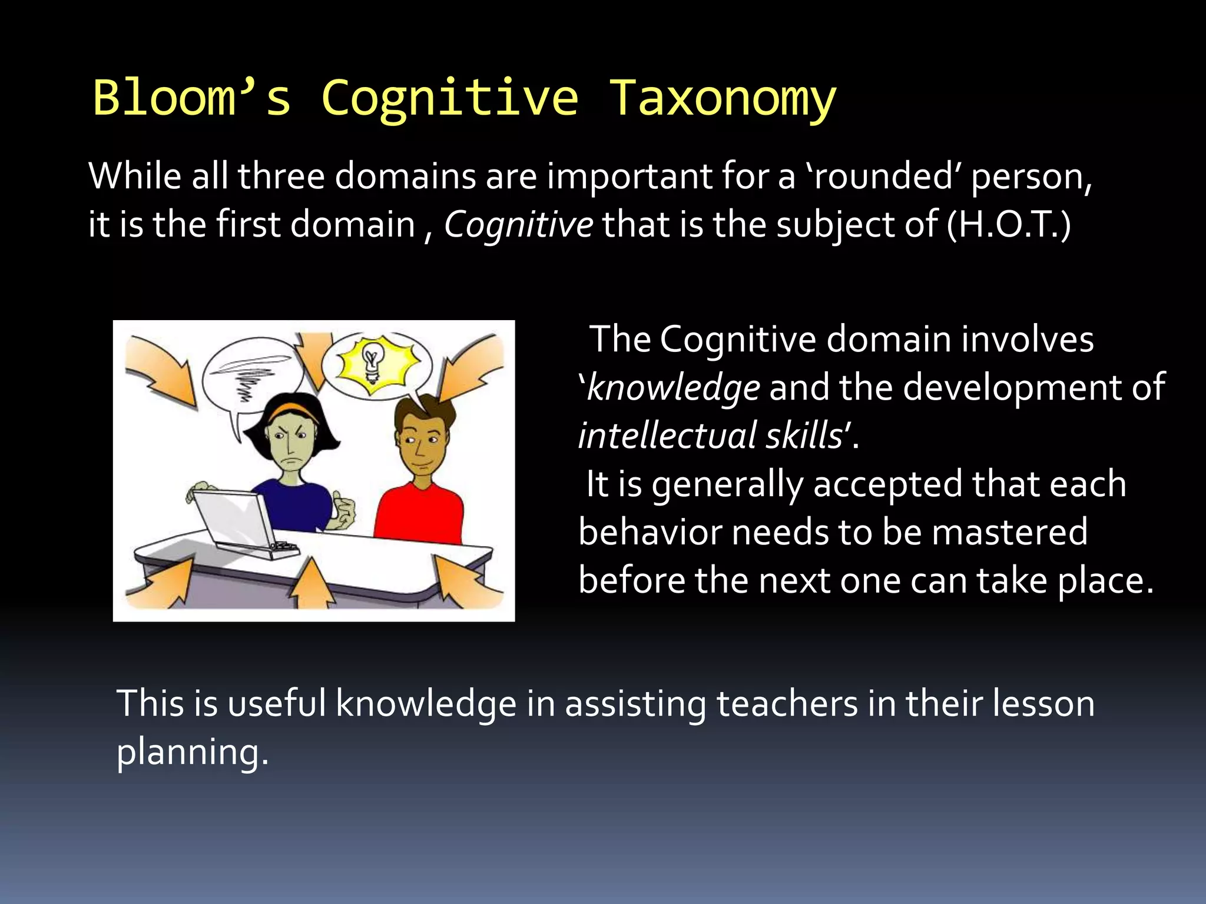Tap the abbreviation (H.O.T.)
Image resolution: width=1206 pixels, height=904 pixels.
(x=1009, y=225)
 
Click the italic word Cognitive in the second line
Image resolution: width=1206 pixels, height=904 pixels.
(x=518, y=225)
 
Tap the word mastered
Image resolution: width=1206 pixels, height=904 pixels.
(x=1009, y=532)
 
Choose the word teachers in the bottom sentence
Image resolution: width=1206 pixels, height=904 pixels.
(x=787, y=704)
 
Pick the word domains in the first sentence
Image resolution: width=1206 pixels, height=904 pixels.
(x=405, y=177)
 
